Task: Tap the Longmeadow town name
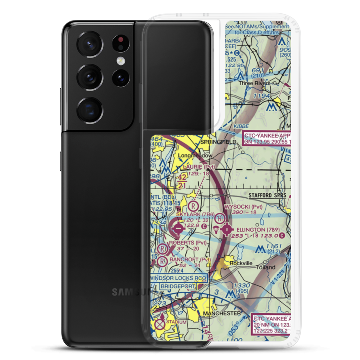coord(197,156)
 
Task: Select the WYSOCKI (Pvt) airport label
coord(243,207)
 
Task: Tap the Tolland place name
coord(266,267)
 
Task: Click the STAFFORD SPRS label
coord(267,195)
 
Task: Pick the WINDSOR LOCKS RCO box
coord(178,278)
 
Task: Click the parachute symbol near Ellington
coord(216,229)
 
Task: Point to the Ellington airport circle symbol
coord(227,229)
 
